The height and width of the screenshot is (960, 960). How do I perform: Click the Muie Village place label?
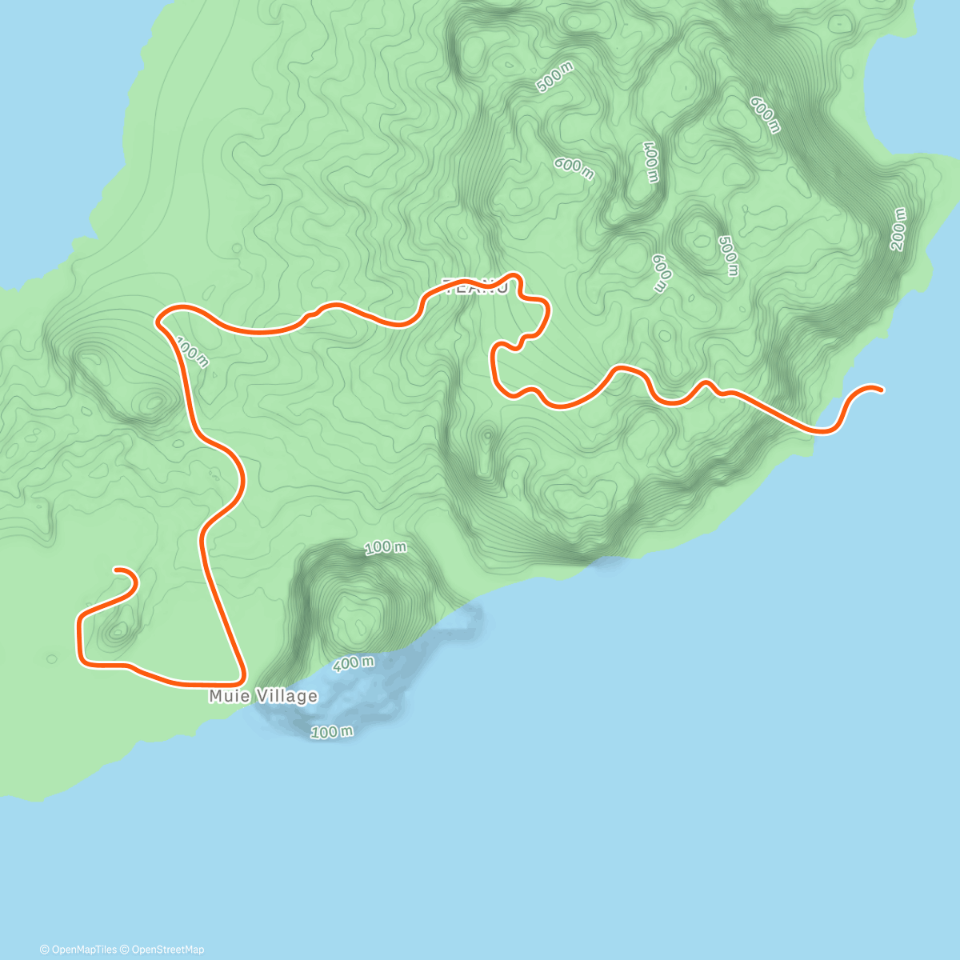(x=263, y=696)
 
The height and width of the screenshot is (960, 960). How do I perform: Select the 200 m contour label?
(x=898, y=230)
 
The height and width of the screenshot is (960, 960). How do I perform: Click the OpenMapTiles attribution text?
(x=78, y=950)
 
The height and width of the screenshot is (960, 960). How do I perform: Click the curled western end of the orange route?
(x=118, y=570)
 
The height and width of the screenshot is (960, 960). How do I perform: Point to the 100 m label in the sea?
(x=331, y=731)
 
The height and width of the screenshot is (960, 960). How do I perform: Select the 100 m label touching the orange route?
(x=192, y=352)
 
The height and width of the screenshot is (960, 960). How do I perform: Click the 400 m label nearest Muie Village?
(x=353, y=663)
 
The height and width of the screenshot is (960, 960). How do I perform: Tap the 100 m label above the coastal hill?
(x=386, y=547)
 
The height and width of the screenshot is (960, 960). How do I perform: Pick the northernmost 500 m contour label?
(x=555, y=78)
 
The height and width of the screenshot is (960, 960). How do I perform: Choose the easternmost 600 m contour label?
(x=764, y=114)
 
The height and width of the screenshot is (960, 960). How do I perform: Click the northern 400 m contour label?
(x=650, y=162)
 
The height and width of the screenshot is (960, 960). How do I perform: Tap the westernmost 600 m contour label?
(x=574, y=168)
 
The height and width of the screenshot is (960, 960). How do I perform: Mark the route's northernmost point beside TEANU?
(x=514, y=276)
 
